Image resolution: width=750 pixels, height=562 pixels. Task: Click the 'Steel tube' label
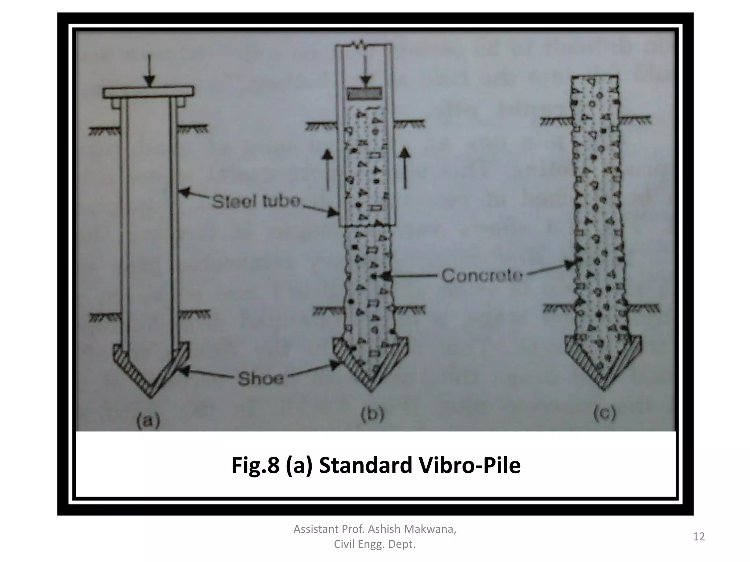(x=256, y=202)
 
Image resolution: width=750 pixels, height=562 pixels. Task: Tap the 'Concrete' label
(x=482, y=276)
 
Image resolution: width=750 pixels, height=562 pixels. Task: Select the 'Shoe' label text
(x=260, y=379)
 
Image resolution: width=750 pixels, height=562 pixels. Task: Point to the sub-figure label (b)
(x=372, y=415)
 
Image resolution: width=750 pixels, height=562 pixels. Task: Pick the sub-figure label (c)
(x=605, y=413)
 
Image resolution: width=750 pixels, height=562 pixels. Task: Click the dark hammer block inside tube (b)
(x=364, y=94)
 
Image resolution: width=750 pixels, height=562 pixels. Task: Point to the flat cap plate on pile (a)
(x=148, y=92)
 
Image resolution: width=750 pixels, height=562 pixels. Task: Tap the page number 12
(x=699, y=537)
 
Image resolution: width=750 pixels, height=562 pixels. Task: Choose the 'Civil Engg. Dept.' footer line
(x=375, y=545)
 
